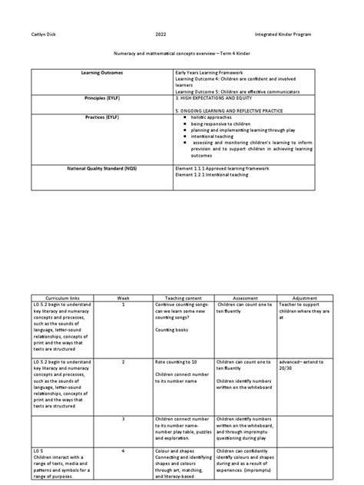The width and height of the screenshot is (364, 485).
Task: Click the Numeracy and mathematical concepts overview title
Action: (181, 56)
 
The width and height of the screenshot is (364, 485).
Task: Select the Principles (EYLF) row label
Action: (101, 98)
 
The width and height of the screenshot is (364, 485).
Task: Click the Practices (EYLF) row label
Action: (101, 116)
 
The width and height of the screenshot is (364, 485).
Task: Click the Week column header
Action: (123, 297)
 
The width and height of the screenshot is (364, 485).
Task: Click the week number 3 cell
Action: (123, 418)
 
